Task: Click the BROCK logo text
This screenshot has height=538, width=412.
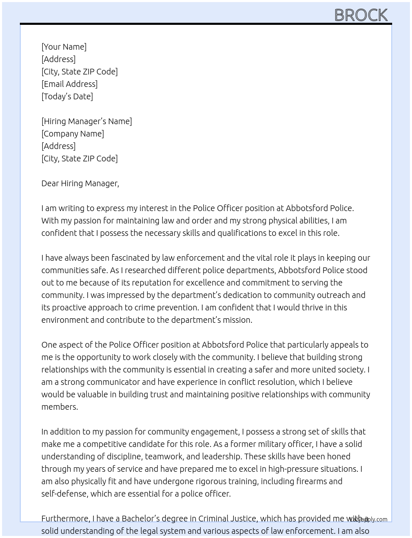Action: [361, 15]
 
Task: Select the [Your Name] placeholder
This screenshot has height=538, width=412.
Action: [64, 47]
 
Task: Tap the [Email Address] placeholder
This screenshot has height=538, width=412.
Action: [69, 84]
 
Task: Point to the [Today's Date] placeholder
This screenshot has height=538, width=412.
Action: [67, 96]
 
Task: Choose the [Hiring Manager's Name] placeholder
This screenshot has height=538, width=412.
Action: [86, 121]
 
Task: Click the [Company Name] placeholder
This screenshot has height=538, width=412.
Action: [72, 134]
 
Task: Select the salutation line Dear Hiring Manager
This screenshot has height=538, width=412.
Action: [80, 183]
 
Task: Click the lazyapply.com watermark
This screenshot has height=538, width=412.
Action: [369, 519]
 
